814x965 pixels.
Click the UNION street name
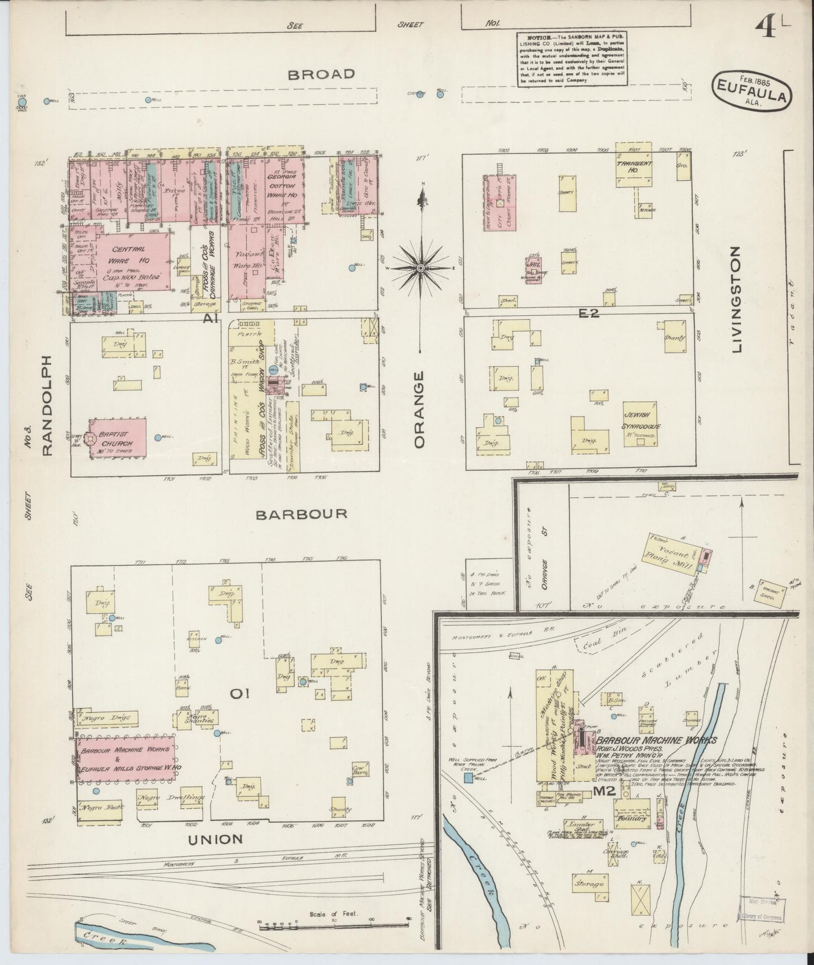[x=216, y=839]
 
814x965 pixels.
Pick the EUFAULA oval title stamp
[x=752, y=91]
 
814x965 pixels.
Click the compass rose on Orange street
[x=420, y=266]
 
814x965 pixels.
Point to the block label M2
[x=607, y=792]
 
